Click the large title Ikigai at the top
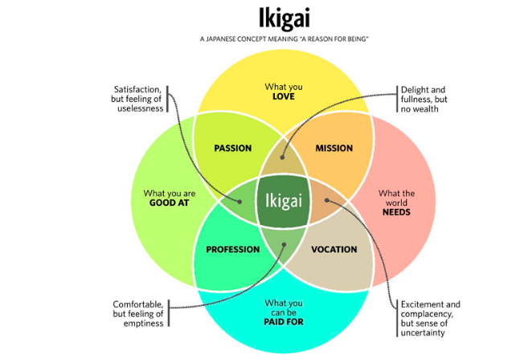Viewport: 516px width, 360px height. point(284,18)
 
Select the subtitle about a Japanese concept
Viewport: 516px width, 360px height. point(284,39)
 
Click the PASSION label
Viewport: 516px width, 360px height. point(233,148)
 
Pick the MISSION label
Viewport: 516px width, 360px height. point(334,148)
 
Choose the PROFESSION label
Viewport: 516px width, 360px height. point(233,249)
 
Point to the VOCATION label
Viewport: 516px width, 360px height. point(334,249)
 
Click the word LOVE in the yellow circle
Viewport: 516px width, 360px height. point(283,96)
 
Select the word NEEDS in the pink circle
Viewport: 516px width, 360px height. point(396,212)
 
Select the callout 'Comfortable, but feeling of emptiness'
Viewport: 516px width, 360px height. point(138,313)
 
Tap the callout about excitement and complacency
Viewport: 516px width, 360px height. point(431,318)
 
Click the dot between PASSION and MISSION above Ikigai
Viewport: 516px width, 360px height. point(283,157)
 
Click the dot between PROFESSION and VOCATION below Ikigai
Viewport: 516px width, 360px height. point(283,243)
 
